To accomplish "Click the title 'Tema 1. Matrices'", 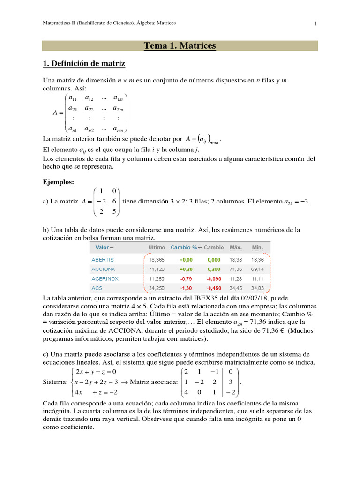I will (x=180, y=45).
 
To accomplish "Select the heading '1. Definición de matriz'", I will (x=84, y=63).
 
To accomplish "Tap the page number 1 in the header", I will (x=315, y=23).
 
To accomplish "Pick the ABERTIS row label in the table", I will (x=102, y=259).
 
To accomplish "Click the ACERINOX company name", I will (x=105, y=278).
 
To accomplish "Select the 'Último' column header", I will (x=157, y=247).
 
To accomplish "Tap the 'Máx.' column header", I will (x=235, y=247).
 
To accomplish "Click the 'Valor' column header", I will (x=102, y=247).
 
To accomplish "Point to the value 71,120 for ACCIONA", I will (x=157, y=269).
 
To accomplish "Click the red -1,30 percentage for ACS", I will (x=186, y=288).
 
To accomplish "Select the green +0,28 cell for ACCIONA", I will (x=186, y=269).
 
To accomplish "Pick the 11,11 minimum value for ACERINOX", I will (x=258, y=278).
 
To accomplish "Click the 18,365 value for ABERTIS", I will (x=157, y=259).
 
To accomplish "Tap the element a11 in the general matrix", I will (x=73, y=98).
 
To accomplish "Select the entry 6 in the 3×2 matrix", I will (x=114, y=201).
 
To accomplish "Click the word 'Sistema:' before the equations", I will (x=55, y=382).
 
